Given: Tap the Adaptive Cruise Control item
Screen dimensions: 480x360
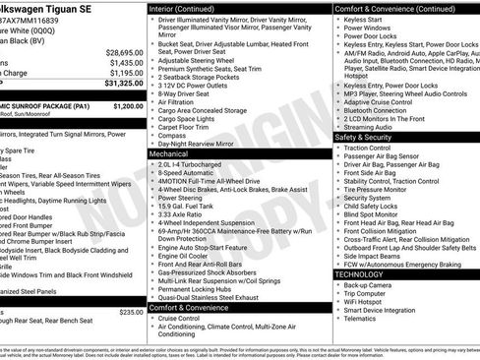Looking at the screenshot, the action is pyautogui.click(x=379, y=101).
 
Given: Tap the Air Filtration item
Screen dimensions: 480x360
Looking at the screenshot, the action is pyautogui.click(x=180, y=101).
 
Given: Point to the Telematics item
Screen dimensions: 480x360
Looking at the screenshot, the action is pyautogui.click(x=362, y=318).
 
